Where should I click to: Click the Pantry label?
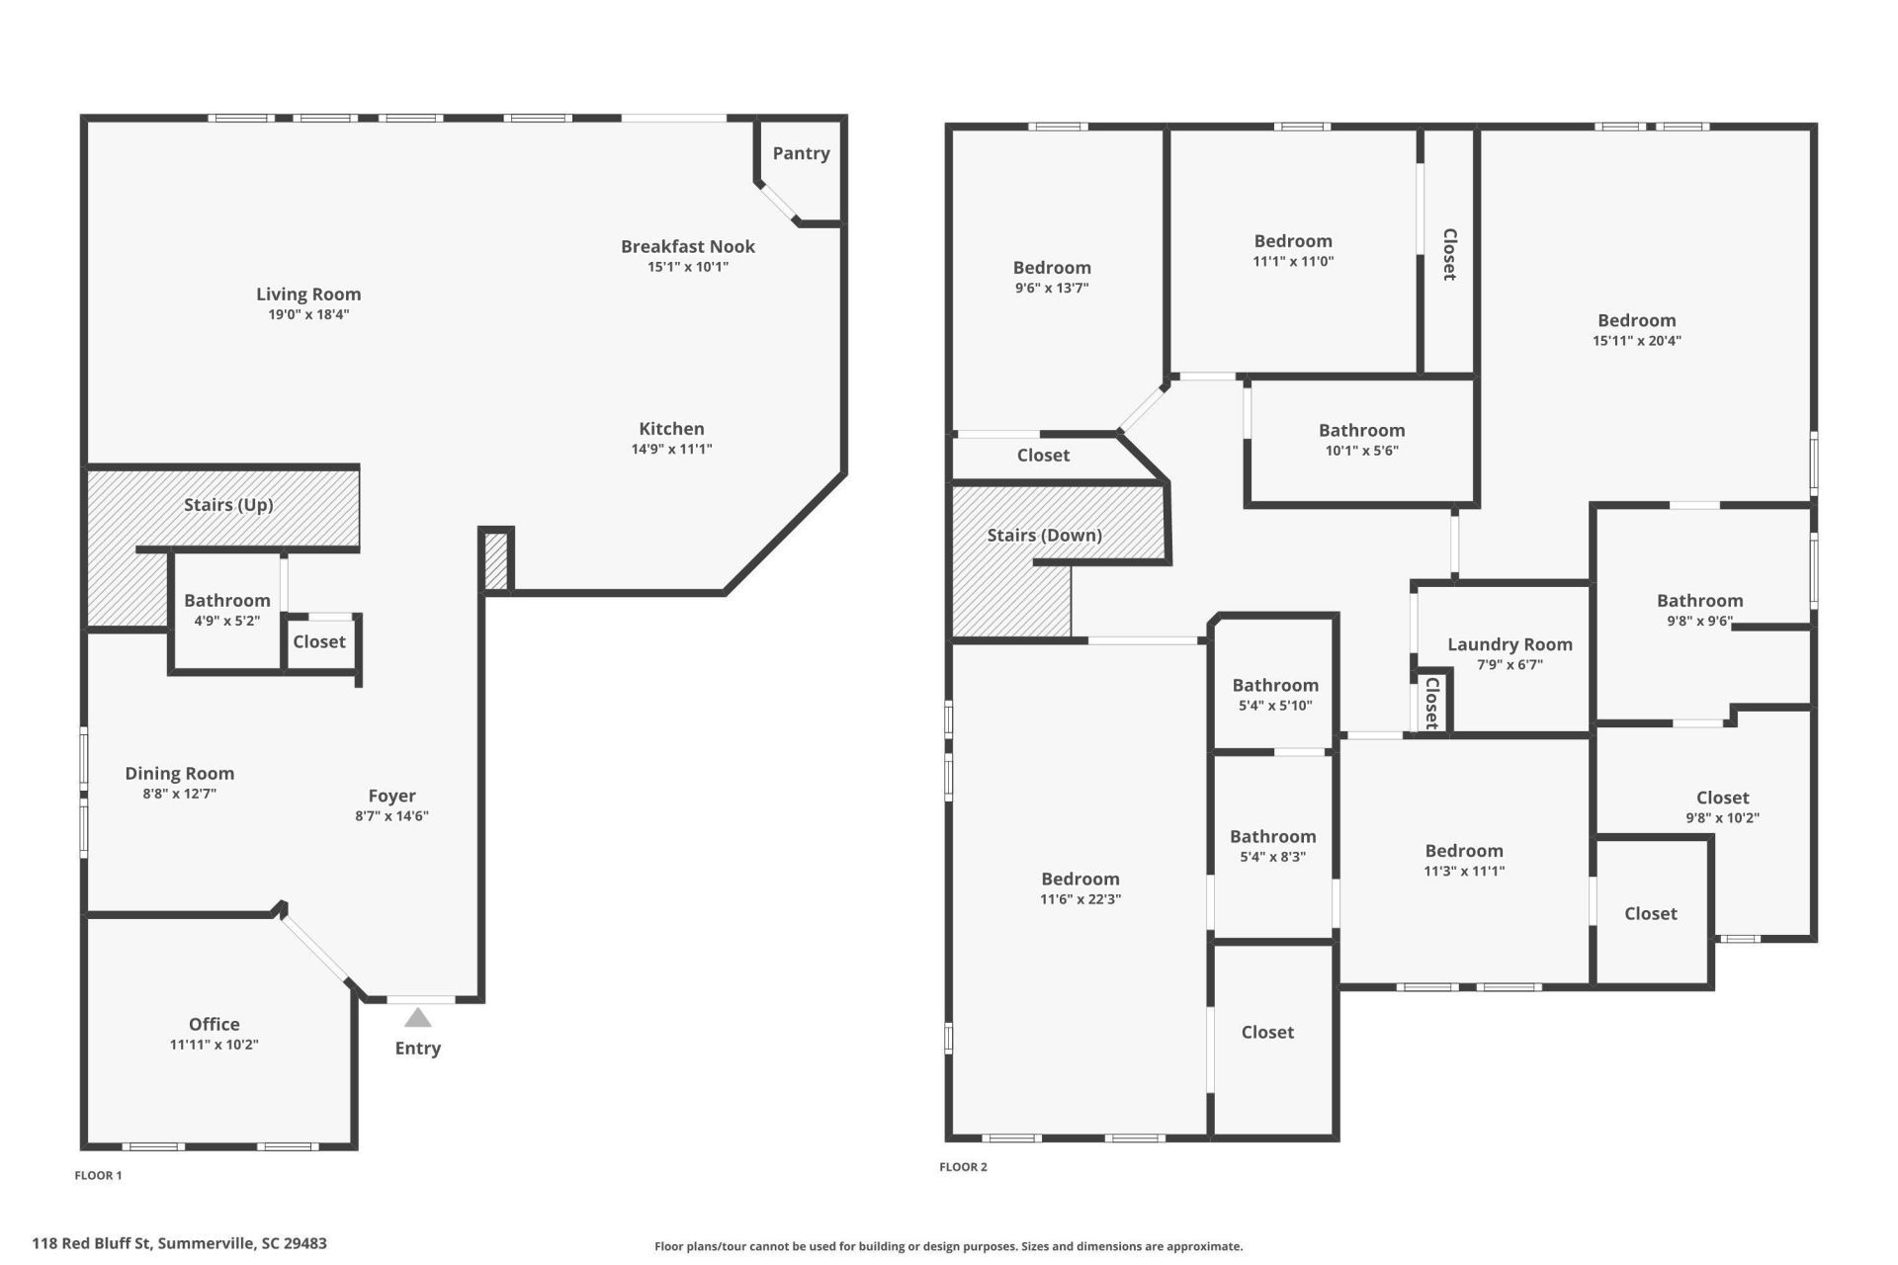(801, 153)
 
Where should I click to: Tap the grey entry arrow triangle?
(418, 1018)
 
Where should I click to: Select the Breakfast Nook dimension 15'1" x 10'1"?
(688, 267)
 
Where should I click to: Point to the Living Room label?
(308, 295)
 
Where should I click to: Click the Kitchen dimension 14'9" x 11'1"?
(672, 449)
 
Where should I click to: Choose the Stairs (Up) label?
(228, 505)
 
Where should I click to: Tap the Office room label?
(215, 1024)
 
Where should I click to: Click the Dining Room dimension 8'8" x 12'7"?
(180, 794)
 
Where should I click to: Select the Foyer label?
(391, 796)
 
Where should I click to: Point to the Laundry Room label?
(1510, 645)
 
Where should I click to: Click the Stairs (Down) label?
(1045, 536)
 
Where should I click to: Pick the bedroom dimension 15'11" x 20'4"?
(1637, 341)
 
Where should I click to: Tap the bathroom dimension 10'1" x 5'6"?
(1362, 451)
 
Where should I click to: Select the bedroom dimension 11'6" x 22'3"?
(1080, 899)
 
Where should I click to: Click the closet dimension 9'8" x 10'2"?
(1723, 818)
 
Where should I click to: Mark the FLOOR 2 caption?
(963, 1167)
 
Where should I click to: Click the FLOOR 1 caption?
(98, 1176)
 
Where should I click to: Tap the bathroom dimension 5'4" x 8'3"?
(1273, 857)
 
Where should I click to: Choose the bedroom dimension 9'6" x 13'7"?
(1052, 289)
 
